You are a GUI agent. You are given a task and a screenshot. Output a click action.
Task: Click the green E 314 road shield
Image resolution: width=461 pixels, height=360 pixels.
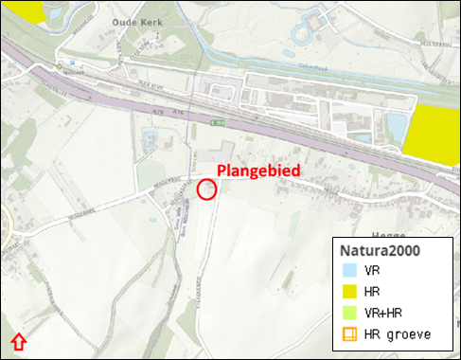[x=218, y=123]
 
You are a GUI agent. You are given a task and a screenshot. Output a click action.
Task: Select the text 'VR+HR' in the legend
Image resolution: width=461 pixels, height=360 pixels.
[x=384, y=313]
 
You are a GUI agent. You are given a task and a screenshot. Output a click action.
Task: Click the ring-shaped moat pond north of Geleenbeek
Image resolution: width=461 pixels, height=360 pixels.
[x=305, y=36]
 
